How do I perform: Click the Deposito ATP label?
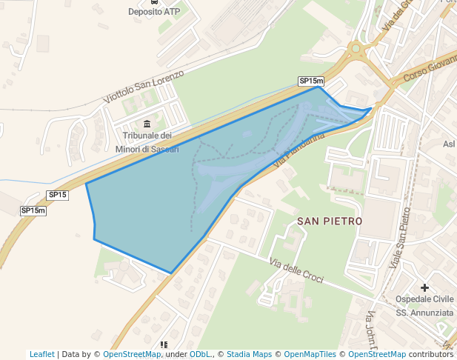(153, 12)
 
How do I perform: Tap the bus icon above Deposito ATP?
(153, 2)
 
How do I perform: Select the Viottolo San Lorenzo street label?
(143, 87)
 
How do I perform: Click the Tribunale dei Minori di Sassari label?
(147, 142)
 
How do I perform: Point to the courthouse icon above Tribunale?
(147, 123)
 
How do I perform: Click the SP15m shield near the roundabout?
(311, 81)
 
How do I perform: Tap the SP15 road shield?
(58, 195)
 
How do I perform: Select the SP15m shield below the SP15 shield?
(33, 210)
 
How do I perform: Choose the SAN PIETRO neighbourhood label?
(330, 221)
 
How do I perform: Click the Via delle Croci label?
(296, 270)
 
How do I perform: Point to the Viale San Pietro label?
(399, 236)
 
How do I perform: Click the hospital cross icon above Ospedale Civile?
(424, 287)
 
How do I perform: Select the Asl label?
(449, 144)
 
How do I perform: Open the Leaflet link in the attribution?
(42, 354)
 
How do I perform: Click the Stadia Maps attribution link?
(249, 354)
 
